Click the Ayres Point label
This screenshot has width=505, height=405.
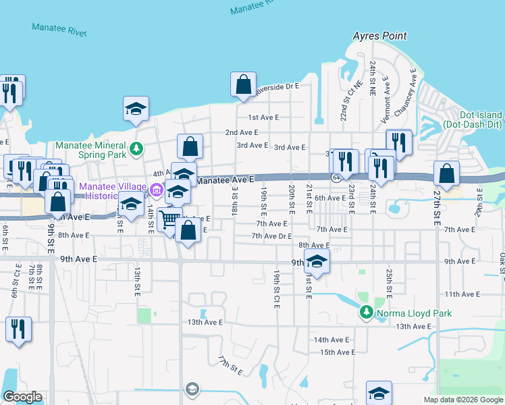pos(380,35)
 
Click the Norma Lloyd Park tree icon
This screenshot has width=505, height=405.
pos(367,313)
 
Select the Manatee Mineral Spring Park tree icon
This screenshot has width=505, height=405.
pos(136,147)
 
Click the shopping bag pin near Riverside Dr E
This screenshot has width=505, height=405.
pos(244,85)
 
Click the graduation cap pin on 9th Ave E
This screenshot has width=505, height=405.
pos(316,260)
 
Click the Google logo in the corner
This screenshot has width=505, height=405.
pos(22,397)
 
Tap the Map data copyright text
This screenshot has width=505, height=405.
pos(463,400)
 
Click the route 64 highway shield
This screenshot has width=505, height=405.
pos(336,177)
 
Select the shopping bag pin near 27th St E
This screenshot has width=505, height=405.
pos(446,173)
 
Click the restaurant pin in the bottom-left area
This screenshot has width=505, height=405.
pos(18,329)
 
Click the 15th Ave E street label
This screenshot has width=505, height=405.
pos(337,352)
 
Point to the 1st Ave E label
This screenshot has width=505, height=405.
pos(263,117)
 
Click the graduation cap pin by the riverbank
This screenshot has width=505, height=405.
pos(136,108)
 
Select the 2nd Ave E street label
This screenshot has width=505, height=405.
pos(242,132)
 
